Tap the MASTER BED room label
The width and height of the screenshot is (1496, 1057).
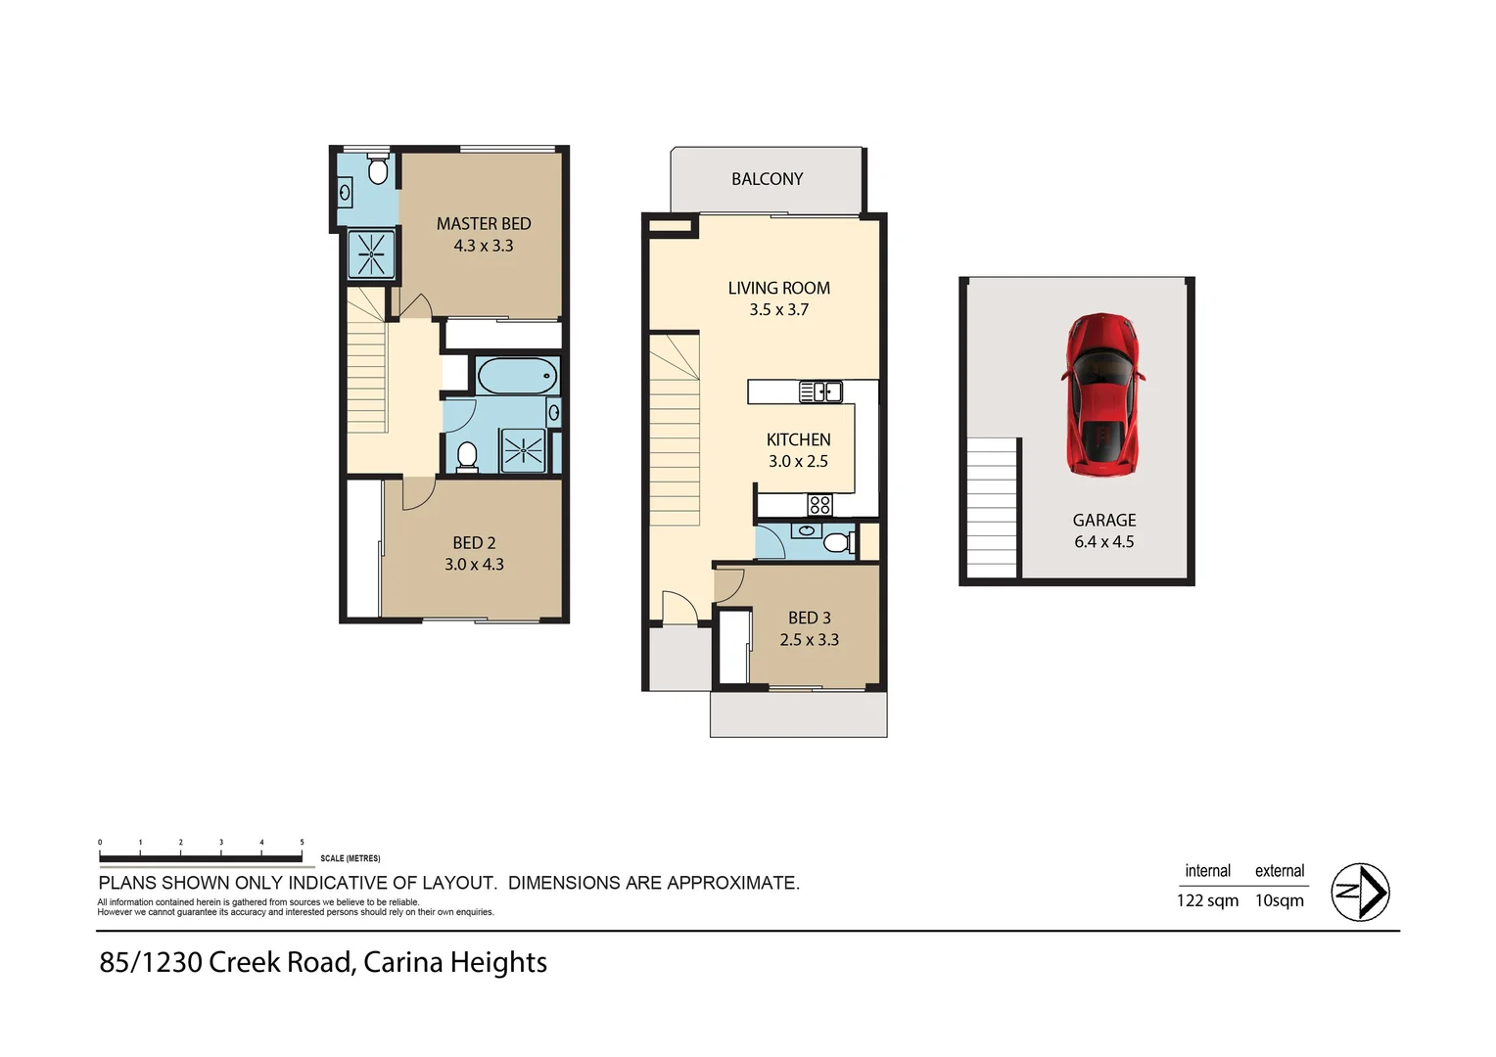pos(484,224)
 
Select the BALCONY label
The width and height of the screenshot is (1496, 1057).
pos(767,179)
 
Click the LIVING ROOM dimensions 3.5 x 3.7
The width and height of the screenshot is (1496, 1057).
pos(778,310)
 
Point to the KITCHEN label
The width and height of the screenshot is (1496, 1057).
pos(798,440)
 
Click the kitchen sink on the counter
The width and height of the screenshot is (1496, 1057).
pos(820,392)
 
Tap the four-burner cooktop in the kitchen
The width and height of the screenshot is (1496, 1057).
pos(819,505)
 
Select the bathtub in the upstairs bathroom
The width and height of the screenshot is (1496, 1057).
pos(516,376)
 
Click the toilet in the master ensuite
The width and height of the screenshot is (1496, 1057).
pos(378,171)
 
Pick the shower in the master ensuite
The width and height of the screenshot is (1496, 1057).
pos(371,253)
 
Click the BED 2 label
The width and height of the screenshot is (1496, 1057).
pos(474,543)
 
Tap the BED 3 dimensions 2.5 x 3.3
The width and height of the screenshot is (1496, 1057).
pos(809,640)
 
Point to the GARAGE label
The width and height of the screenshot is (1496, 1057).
pos(1103,521)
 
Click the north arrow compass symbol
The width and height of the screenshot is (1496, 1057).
pos(1360,892)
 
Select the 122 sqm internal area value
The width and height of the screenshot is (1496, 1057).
pos(1207,900)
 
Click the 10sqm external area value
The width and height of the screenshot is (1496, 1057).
pos(1279,900)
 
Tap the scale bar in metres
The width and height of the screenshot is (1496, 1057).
pos(201,857)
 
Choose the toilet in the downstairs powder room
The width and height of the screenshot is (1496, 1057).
pos(837,541)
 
